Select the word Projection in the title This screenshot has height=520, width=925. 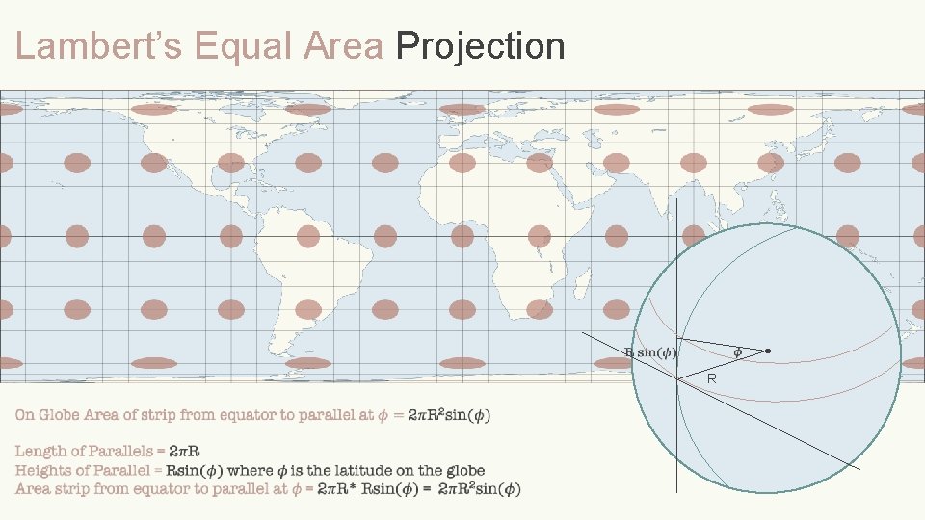point(480,45)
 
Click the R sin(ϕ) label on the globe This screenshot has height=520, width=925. point(651,352)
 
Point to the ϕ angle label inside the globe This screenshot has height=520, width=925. point(738,352)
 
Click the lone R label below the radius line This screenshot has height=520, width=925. point(711,379)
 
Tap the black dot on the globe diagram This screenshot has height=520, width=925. point(768,351)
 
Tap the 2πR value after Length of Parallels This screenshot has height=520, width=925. point(185,451)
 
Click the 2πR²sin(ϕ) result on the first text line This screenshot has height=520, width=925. point(448,415)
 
